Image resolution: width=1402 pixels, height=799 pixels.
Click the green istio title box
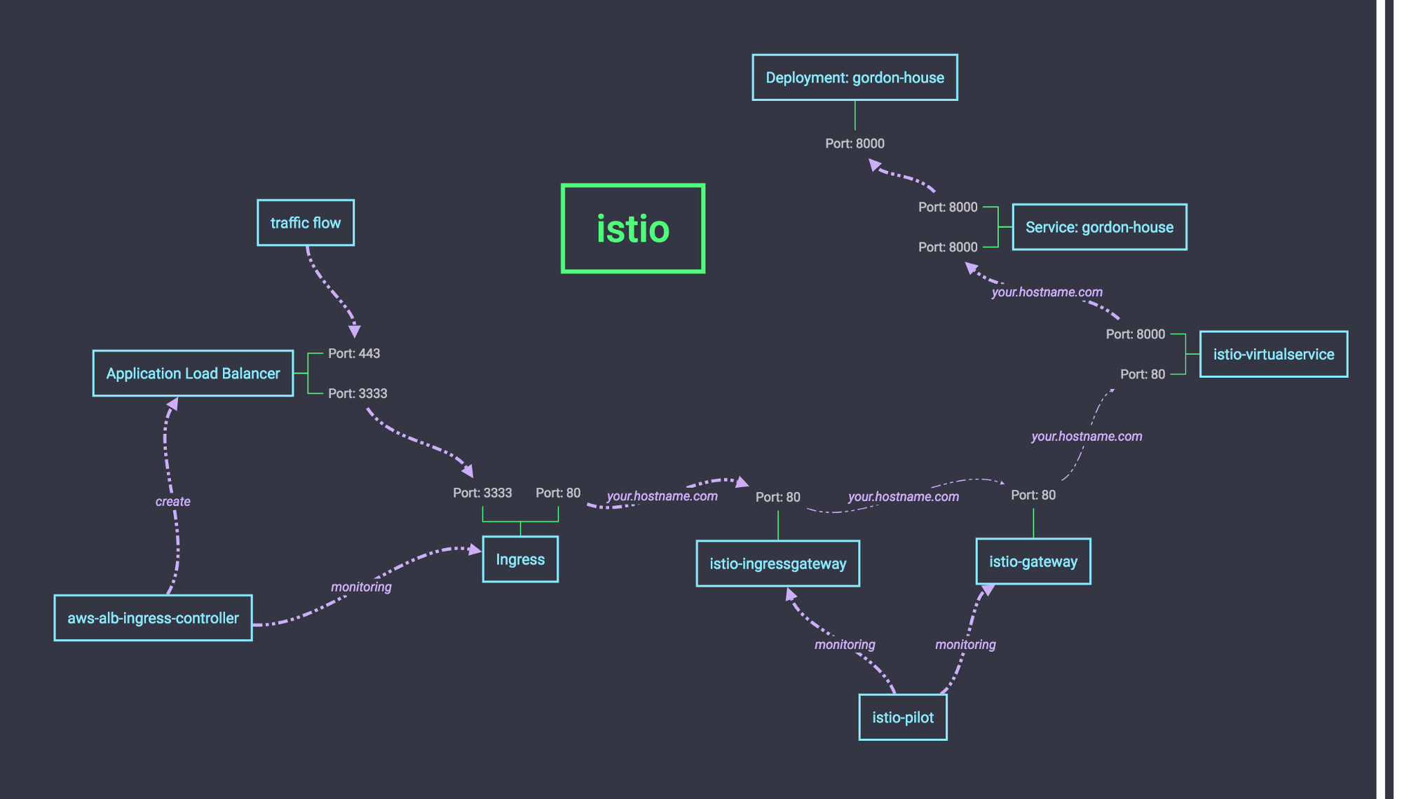point(633,228)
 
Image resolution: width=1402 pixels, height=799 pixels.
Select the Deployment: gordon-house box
point(855,78)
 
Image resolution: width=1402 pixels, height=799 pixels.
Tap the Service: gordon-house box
point(1099,227)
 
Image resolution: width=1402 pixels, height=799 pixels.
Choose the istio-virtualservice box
point(1273,354)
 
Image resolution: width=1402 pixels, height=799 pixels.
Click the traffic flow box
point(306,223)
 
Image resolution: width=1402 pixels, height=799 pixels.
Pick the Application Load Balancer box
point(193,374)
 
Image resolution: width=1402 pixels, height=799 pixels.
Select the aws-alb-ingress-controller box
point(153,618)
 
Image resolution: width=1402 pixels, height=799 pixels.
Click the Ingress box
point(520,559)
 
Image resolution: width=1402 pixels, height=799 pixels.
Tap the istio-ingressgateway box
point(777,564)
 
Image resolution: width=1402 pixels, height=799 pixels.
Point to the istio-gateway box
point(1033,561)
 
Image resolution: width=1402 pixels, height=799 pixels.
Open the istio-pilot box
point(903,717)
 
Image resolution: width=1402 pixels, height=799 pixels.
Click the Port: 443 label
point(354,353)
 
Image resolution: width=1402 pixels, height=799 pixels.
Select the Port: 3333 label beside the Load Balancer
point(358,393)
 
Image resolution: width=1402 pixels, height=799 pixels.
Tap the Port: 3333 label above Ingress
point(482,493)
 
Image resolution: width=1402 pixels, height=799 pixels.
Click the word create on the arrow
point(173,501)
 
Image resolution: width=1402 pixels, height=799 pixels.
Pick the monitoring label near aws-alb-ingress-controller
point(361,587)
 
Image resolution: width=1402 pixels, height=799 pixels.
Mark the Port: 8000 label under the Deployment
point(855,143)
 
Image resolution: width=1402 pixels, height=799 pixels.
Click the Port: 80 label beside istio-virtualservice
point(1143,374)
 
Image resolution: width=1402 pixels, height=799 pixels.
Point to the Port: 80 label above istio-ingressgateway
point(777,497)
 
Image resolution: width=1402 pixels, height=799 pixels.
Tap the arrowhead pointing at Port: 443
point(355,331)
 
